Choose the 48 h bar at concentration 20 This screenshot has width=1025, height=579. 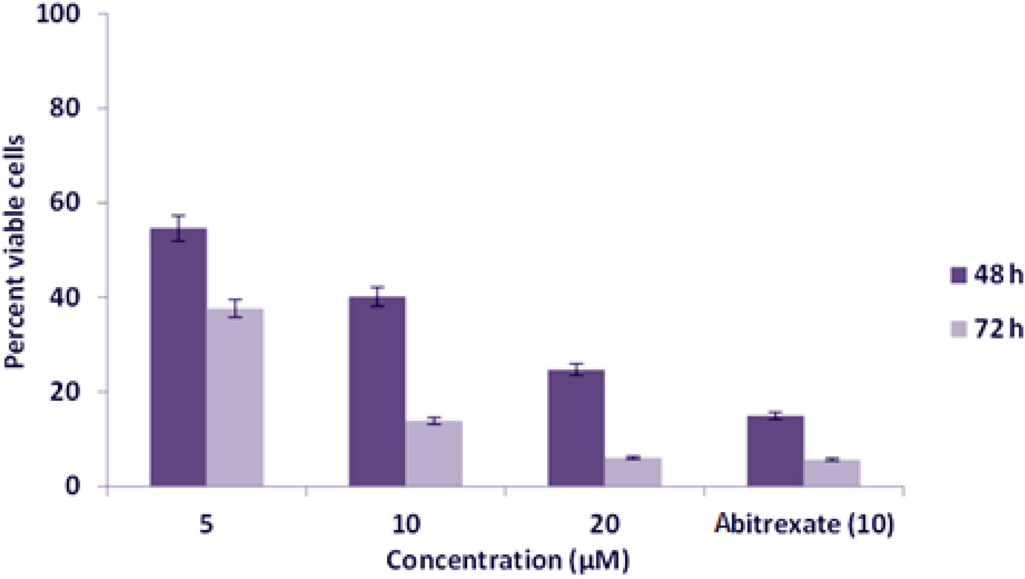coord(576,428)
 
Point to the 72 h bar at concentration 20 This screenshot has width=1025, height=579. coord(633,472)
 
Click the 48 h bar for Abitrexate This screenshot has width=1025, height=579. coord(775,450)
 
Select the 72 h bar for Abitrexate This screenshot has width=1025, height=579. coord(831,473)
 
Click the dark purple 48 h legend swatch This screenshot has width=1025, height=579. coord(958,275)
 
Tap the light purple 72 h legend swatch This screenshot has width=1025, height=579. coord(958,329)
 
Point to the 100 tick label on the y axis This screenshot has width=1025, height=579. coord(58,14)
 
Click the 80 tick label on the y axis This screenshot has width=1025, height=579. coord(67,108)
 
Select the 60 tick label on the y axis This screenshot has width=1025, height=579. coord(67,203)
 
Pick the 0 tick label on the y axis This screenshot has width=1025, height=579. coord(73,486)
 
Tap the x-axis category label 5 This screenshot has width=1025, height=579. coord(206,524)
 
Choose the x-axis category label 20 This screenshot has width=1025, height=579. coord(604,524)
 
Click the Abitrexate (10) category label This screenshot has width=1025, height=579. coord(804,524)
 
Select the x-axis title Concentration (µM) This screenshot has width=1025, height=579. coord(507,561)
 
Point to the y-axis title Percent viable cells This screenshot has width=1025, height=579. coord(14,252)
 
